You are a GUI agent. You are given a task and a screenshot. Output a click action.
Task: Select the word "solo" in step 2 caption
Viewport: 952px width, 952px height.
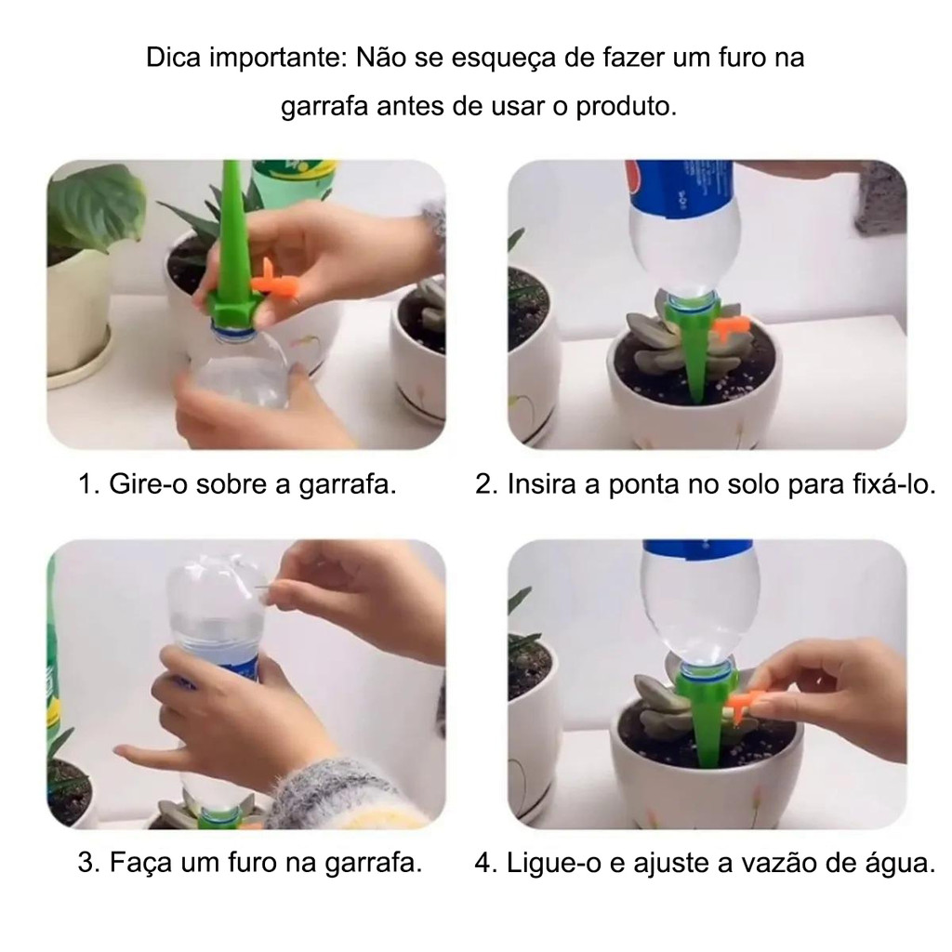(x=751, y=484)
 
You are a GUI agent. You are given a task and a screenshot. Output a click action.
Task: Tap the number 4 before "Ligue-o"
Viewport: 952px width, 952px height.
(x=483, y=864)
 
